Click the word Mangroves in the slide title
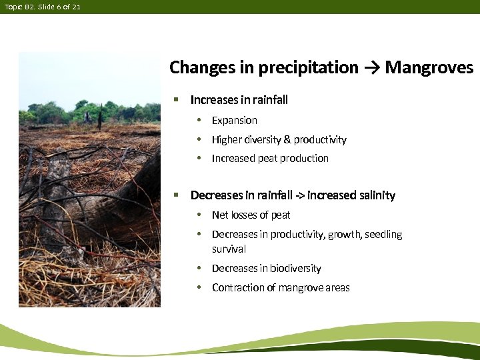coord(429,67)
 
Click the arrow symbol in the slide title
coord(371,68)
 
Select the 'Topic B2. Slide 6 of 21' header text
coord(42,7)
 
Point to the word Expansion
coord(234,121)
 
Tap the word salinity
coord(375,195)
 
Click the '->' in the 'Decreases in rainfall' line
coord(299,195)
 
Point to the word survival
coord(229,249)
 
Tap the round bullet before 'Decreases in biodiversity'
coord(199,269)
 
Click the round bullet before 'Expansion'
coord(199,121)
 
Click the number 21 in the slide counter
coord(76,7)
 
